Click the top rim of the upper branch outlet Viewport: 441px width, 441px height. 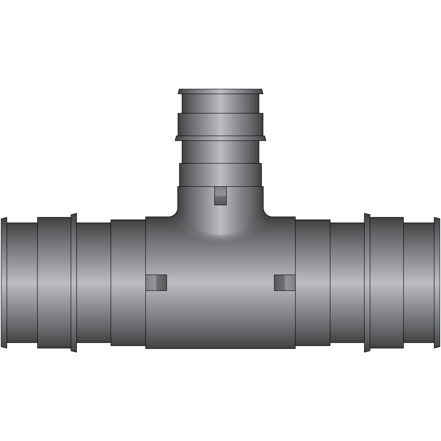pyautogui.click(x=220, y=91)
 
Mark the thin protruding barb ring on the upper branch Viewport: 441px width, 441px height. pyautogui.click(x=220, y=138)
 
